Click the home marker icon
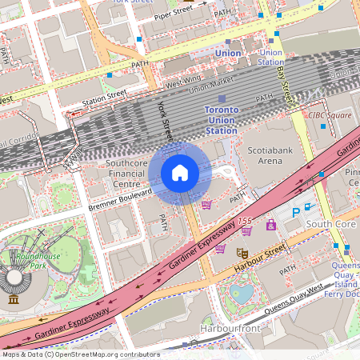[x=180, y=173]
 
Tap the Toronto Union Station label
[x=221, y=119]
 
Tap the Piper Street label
[x=174, y=13]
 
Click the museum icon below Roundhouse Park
[x=13, y=299]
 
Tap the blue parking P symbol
[x=295, y=212]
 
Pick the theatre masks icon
[x=240, y=253]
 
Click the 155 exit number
[x=244, y=220]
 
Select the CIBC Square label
[x=330, y=114]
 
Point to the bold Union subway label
[x=228, y=54]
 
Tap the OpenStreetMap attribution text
[x=80, y=354]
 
